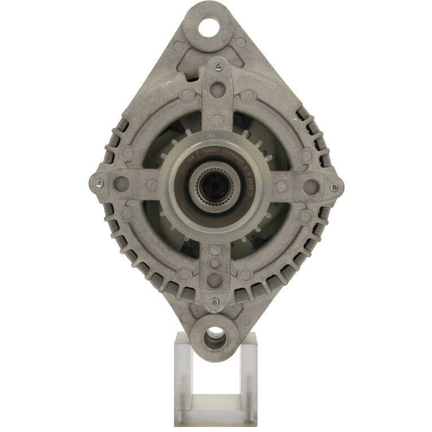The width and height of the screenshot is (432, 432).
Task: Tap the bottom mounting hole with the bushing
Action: tap(215, 338)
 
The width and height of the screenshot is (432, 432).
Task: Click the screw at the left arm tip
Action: tap(99, 183)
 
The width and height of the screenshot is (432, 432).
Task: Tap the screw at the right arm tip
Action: tap(334, 187)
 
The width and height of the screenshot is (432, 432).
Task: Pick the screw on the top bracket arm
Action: tap(219, 67)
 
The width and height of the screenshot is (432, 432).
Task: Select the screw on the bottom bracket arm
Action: tap(215, 302)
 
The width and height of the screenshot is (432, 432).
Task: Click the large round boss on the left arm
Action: tap(121, 184)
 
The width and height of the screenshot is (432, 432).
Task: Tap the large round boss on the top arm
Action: tap(217, 90)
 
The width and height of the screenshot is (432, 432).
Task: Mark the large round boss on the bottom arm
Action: tap(215, 279)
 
